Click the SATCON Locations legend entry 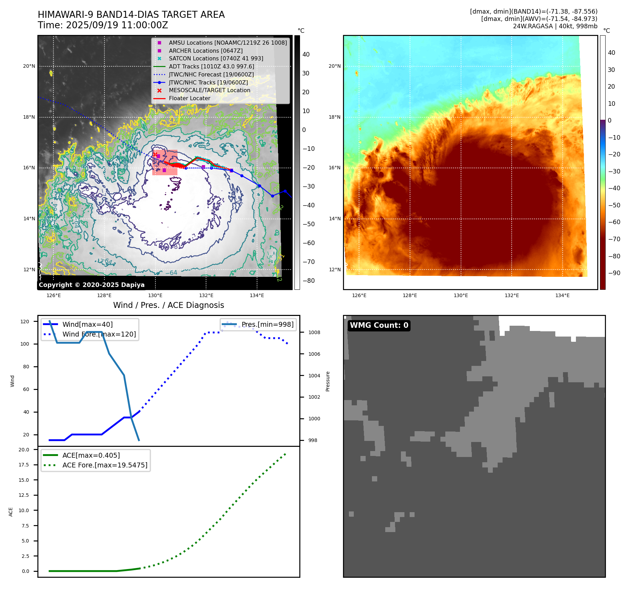pos(216,59)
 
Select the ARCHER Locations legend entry pos(206,51)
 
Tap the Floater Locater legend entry pos(189,98)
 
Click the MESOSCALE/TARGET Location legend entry pos(210,90)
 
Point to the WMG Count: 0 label pos(379,325)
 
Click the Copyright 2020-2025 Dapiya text pos(92,285)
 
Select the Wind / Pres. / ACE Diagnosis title pos(169,305)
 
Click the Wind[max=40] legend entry pos(87,325)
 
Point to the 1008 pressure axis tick pos(314,332)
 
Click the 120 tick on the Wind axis pos(25,322)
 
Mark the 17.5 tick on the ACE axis pos(24,465)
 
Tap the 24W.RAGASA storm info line pos(555,26)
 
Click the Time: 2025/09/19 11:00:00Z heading pos(103,25)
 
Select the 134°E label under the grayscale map pos(257,296)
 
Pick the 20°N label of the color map pos(335,66)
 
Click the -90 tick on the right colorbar pos(614,273)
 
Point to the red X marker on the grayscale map pos(155,154)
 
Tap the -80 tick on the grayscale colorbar pos(308,281)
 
